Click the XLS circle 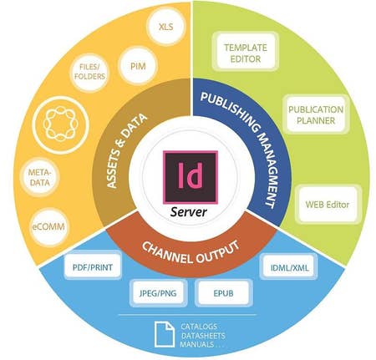click(x=166, y=27)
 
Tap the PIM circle click(x=138, y=66)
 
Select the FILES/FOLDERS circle click(x=89, y=72)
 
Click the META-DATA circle click(x=40, y=178)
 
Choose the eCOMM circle click(x=49, y=226)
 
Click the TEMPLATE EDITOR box click(x=246, y=52)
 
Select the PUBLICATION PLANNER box click(x=316, y=114)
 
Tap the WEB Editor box click(x=328, y=205)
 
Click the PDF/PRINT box click(x=93, y=267)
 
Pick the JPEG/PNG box click(x=158, y=293)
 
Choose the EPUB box click(x=223, y=293)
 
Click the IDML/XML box click(x=290, y=267)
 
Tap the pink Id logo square click(x=191, y=177)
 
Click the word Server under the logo click(x=189, y=212)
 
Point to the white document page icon click(x=165, y=334)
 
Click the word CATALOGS click(x=199, y=327)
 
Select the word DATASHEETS click(x=203, y=336)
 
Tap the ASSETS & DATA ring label click(x=127, y=150)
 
